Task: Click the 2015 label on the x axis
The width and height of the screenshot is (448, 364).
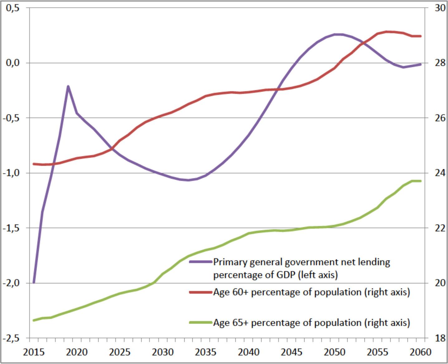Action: point(34,352)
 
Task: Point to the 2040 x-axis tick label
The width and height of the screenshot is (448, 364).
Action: point(248,352)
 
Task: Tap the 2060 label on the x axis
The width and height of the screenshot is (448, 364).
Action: point(421,352)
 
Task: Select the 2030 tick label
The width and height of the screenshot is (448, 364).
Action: point(163,352)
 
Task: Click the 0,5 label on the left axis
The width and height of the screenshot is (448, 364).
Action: point(12,8)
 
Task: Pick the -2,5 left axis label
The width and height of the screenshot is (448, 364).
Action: point(11,338)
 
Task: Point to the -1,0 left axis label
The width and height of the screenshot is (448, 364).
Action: point(11,173)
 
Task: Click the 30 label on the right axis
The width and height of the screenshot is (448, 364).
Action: point(440,8)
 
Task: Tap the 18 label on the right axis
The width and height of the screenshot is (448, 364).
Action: point(440,338)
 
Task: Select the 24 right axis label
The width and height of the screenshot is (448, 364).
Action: point(440,173)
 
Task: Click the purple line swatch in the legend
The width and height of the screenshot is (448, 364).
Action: point(200,262)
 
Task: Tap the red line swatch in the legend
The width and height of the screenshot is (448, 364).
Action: point(200,292)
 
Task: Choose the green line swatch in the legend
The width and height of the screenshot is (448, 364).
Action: point(200,322)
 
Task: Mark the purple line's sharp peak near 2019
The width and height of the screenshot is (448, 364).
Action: point(68,86)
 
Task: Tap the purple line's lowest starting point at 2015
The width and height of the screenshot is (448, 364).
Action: point(34,283)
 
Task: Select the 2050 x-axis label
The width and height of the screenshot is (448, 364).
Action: point(335,352)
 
